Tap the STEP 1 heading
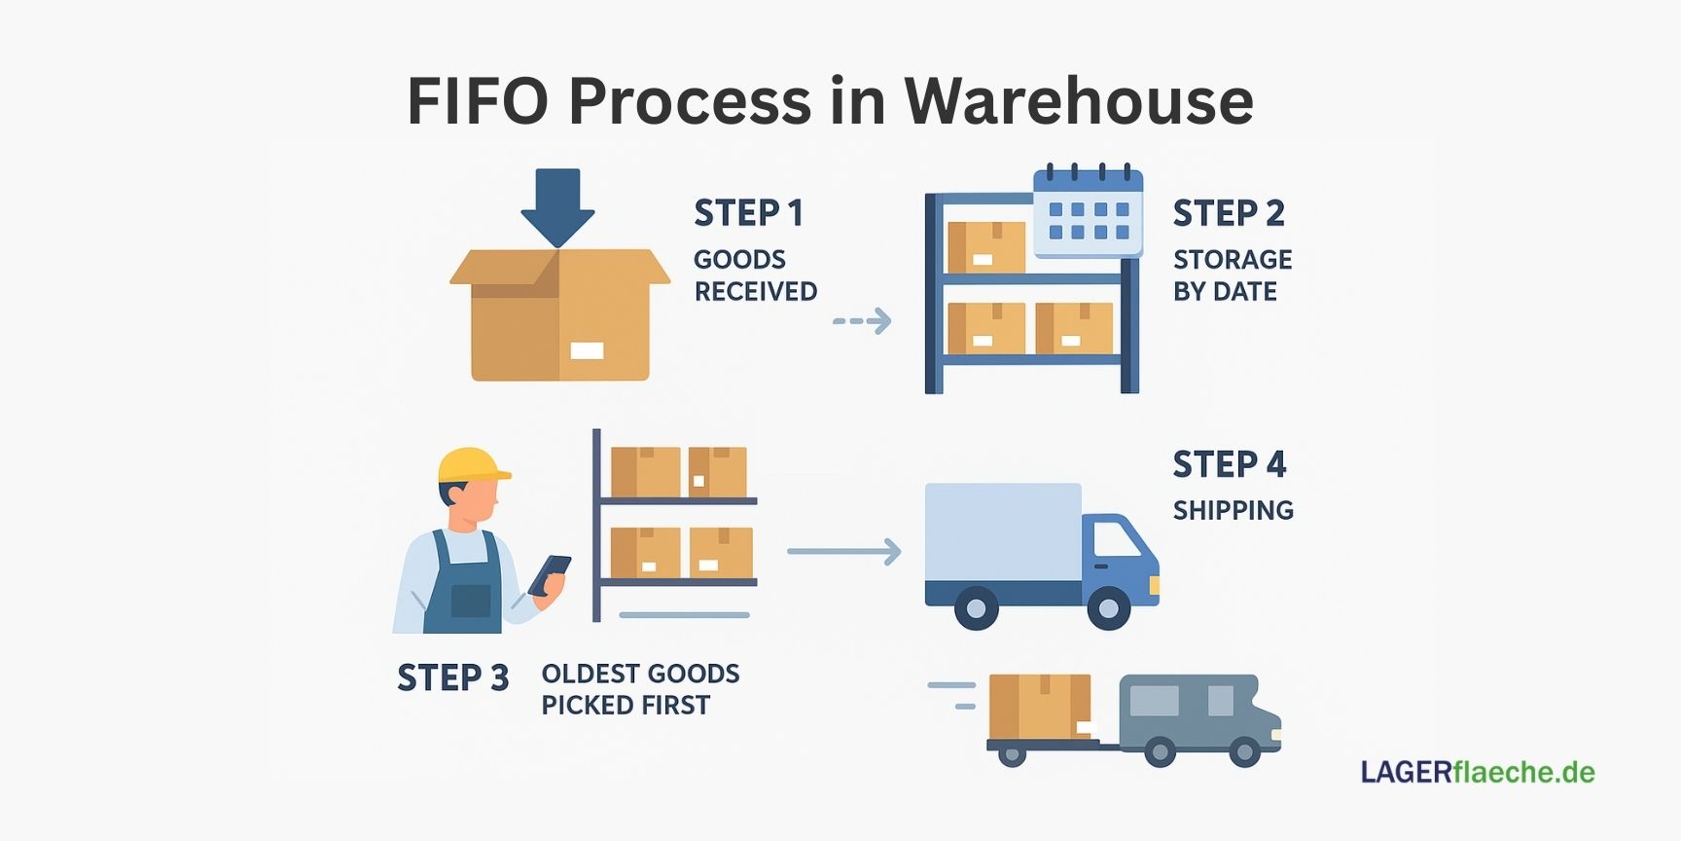[x=748, y=213]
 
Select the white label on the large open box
[x=587, y=350]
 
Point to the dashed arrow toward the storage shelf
[x=862, y=321]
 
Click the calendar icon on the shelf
[x=1088, y=213]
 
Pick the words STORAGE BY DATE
[x=1232, y=275]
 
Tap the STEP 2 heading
[x=1229, y=213]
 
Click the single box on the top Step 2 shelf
[x=985, y=247]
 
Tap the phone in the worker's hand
[x=550, y=573]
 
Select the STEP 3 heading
[x=452, y=677]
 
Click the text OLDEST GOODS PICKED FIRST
[x=639, y=689]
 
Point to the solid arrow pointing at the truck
[x=843, y=552]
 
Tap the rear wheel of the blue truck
[x=976, y=608]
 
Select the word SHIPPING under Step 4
[x=1233, y=510]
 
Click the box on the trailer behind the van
[x=1039, y=707]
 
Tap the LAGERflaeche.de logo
[x=1477, y=772]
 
